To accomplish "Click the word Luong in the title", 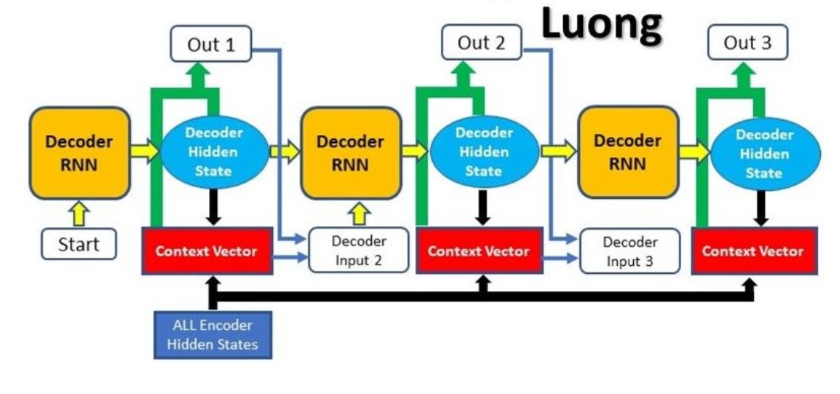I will pyautogui.click(x=601, y=24).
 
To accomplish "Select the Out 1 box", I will pyautogui.click(x=211, y=44).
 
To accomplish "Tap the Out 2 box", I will pyautogui.click(x=481, y=43).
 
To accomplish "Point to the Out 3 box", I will pyautogui.click(x=747, y=43).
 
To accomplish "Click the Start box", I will pyautogui.click(x=79, y=244).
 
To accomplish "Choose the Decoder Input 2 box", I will pyautogui.click(x=359, y=250).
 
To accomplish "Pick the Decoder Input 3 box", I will pyautogui.click(x=629, y=251).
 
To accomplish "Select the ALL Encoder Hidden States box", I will pyautogui.click(x=212, y=334).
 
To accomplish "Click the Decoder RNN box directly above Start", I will pyautogui.click(x=80, y=152).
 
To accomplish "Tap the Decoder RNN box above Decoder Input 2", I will pyautogui.click(x=350, y=152).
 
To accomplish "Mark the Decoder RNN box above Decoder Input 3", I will pyautogui.click(x=627, y=152).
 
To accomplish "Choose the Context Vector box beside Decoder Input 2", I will pyautogui.click(x=207, y=251).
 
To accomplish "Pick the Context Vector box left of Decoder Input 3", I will pyautogui.click(x=479, y=251).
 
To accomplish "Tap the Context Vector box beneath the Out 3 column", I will pyautogui.click(x=753, y=251).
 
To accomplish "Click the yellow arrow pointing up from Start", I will pyautogui.click(x=80, y=214).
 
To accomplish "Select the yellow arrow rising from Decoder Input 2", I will pyautogui.click(x=359, y=214).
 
